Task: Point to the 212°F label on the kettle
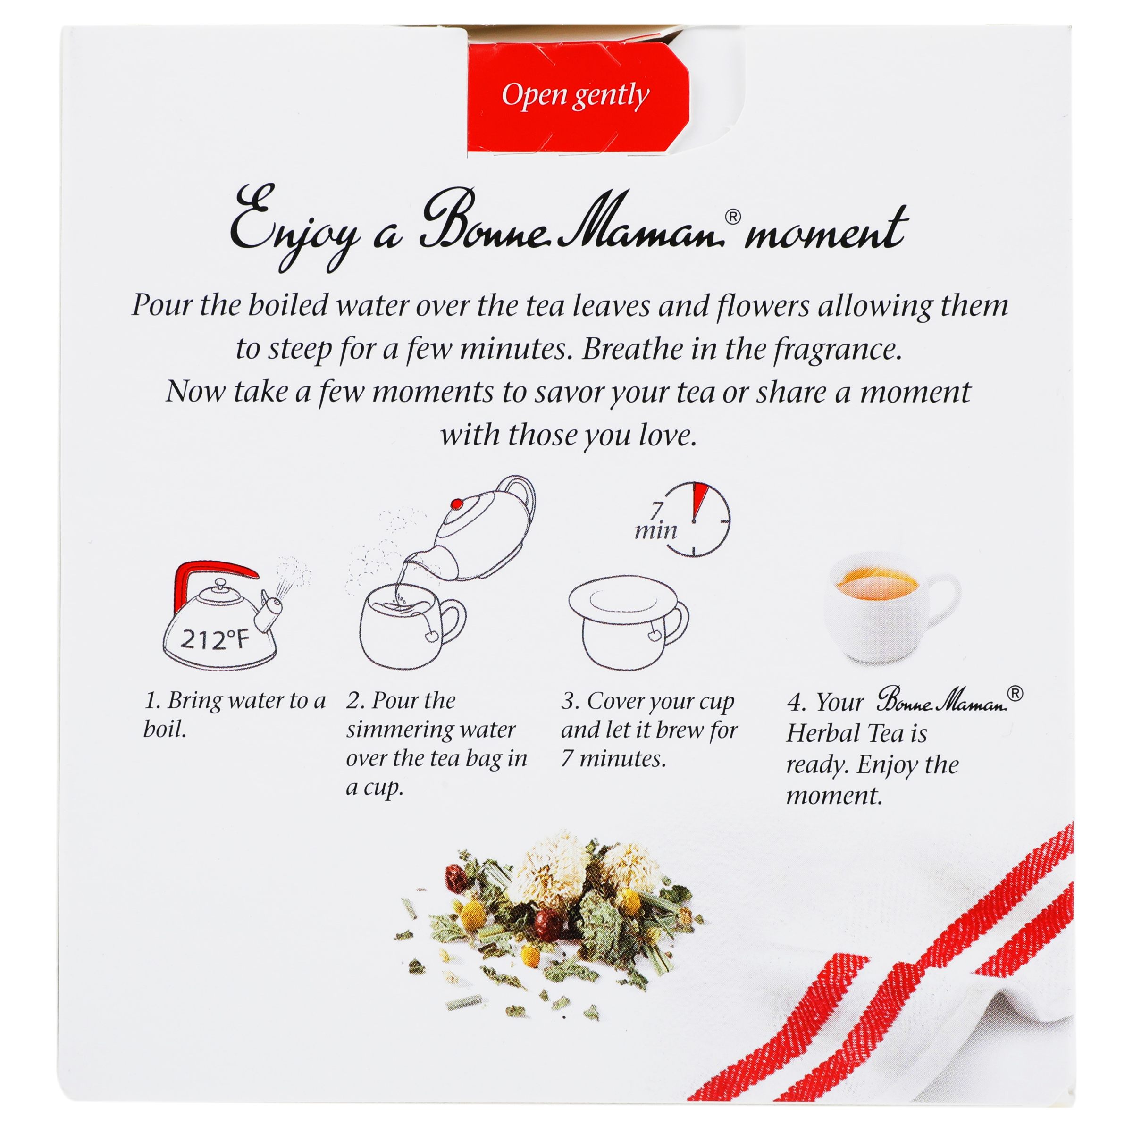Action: tap(214, 639)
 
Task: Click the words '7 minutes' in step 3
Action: tap(613, 759)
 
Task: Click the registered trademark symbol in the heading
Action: tap(732, 217)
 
